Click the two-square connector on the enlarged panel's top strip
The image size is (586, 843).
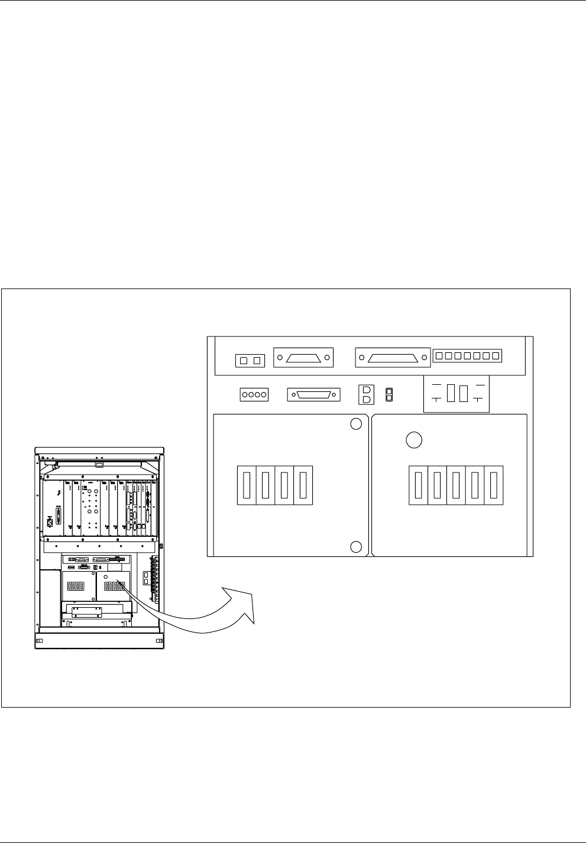click(250, 360)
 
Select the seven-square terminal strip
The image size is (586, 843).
click(467, 356)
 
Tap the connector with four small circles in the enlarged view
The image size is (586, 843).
click(254, 394)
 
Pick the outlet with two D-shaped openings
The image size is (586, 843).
click(365, 394)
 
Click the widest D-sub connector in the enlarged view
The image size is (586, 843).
click(393, 358)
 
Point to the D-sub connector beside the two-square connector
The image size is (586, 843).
click(303, 358)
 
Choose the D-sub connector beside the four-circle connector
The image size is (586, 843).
click(314, 394)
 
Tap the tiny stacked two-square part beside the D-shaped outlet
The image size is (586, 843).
click(388, 394)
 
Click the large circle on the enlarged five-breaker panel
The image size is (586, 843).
click(414, 440)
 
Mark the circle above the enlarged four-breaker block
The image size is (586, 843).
click(355, 424)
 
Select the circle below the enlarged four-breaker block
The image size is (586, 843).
click(355, 546)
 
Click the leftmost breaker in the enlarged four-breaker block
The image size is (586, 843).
click(247, 486)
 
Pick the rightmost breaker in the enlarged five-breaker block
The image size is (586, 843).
click(494, 486)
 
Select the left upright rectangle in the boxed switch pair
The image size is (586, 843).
click(451, 394)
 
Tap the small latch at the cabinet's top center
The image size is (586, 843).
click(99, 456)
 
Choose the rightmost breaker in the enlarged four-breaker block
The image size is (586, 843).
click(303, 486)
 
